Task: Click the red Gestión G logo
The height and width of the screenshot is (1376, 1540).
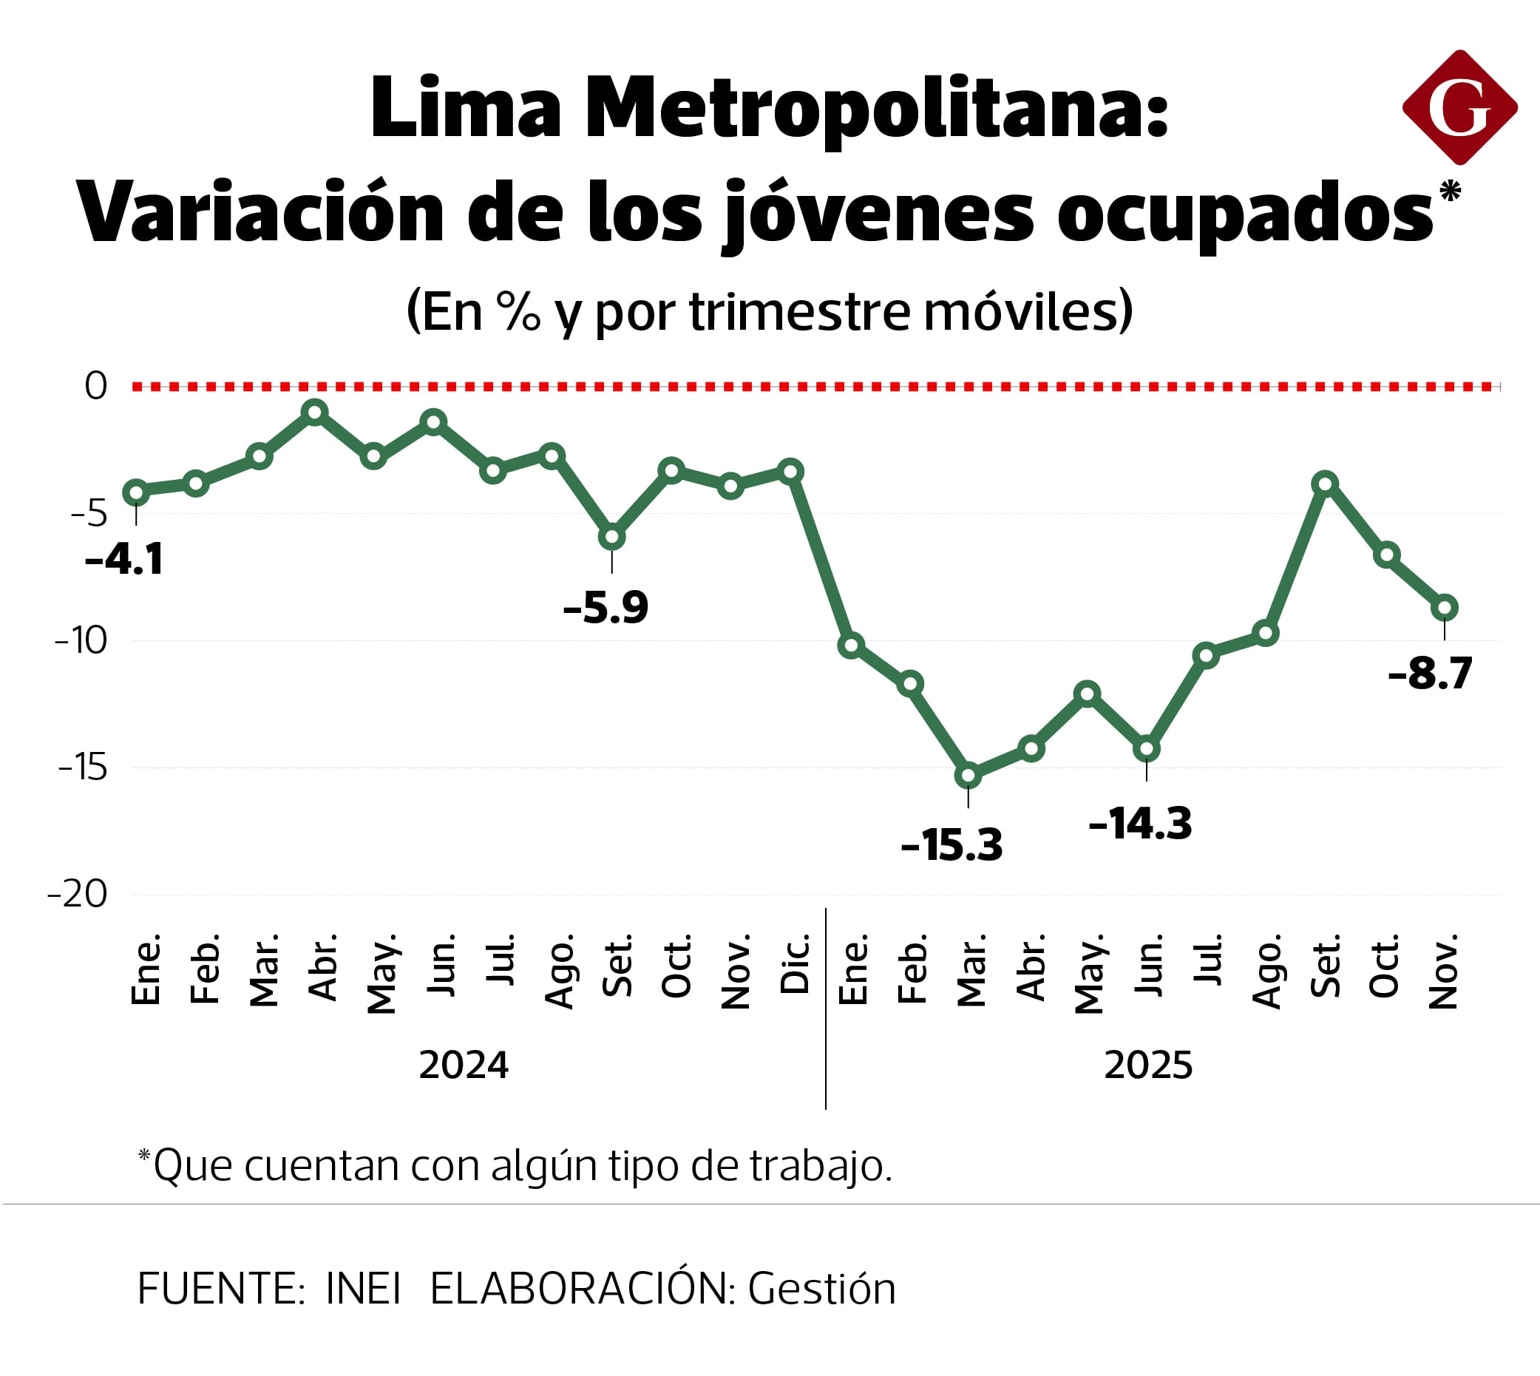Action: tap(1459, 107)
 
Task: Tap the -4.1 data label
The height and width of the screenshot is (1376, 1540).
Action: tap(124, 560)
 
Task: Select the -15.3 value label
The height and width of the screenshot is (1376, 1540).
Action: tap(951, 845)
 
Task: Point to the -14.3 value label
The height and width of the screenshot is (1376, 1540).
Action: tap(1140, 824)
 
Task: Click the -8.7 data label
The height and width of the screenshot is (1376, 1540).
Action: tap(1431, 673)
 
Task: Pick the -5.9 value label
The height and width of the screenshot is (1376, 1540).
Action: tap(606, 607)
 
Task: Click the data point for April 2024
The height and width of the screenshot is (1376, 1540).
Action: tap(314, 412)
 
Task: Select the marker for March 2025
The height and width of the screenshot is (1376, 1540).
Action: tap(969, 776)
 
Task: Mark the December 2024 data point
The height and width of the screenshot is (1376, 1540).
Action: tap(791, 472)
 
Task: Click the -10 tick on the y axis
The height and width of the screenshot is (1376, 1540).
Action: tap(81, 641)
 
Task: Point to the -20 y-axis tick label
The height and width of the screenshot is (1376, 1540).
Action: tap(78, 895)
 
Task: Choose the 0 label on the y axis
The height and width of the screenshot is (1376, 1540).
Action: tap(96, 387)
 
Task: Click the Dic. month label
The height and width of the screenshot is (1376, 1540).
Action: tap(796, 965)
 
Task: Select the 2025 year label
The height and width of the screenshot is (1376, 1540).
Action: tap(1147, 1066)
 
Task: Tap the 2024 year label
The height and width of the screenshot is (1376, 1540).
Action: tap(464, 1066)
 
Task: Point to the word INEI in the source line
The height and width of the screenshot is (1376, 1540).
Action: tap(363, 1289)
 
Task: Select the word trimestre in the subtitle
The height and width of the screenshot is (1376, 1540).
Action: tap(800, 311)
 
